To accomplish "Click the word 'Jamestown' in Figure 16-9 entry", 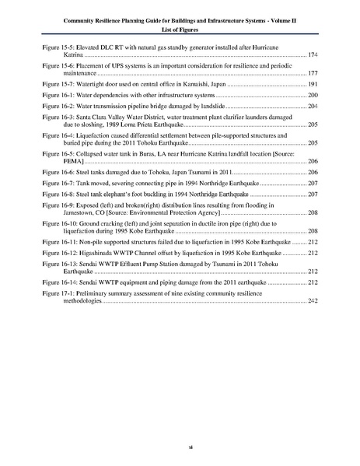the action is coord(80,233).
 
